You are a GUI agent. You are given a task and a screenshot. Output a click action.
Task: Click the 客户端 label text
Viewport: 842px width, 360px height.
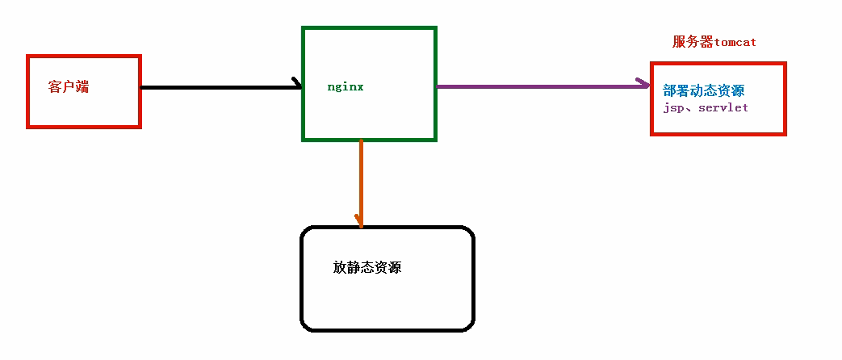[x=69, y=87]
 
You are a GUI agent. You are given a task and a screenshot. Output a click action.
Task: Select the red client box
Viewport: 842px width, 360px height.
[x=84, y=113]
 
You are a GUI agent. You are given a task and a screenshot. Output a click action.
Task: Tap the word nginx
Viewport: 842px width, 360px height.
[x=346, y=86]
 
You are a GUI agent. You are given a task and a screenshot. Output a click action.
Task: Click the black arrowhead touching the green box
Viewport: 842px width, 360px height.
[x=296, y=84]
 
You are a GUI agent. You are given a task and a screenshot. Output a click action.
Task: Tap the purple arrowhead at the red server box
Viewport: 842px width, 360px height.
[x=644, y=84]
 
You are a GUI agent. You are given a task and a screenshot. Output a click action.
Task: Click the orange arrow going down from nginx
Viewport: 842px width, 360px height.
[x=361, y=178]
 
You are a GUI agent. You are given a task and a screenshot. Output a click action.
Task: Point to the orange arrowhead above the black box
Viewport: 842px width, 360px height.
[x=359, y=220]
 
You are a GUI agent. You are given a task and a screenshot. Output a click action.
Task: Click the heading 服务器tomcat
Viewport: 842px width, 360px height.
[x=714, y=42]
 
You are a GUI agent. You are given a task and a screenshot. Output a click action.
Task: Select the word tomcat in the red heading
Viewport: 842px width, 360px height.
[x=735, y=42]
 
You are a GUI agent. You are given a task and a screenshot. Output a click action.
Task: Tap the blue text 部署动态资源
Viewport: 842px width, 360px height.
[x=703, y=91]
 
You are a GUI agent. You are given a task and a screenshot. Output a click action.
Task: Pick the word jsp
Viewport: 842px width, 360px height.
[x=673, y=107]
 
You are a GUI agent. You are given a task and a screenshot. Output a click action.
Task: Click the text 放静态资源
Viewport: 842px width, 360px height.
[x=367, y=268]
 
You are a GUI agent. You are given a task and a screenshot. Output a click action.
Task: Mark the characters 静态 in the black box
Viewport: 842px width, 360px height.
[x=360, y=268]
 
